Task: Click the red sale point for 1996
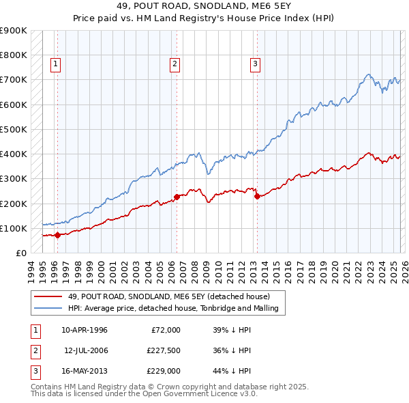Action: click(57, 235)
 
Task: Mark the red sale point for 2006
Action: click(177, 197)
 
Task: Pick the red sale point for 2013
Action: click(257, 196)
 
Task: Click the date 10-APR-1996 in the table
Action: click(85, 330)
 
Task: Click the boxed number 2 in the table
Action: click(33, 350)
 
